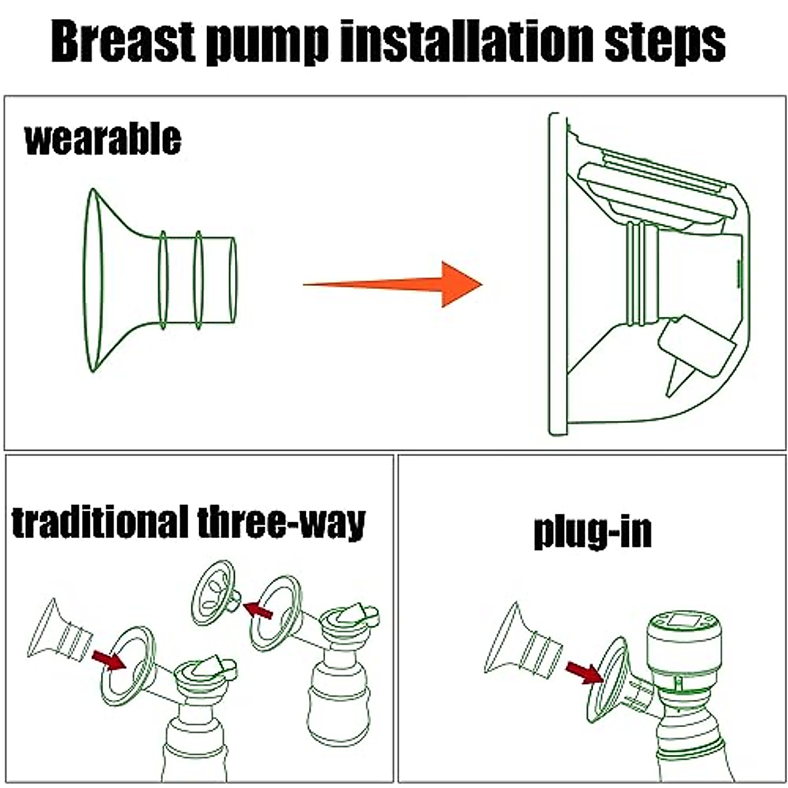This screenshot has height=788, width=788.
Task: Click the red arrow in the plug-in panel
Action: pos(584,672)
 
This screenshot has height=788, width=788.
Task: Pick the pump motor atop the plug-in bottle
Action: pos(684,649)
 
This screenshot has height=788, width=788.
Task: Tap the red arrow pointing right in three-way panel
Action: pos(108,659)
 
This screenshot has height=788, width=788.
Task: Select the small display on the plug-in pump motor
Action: pos(682,621)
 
